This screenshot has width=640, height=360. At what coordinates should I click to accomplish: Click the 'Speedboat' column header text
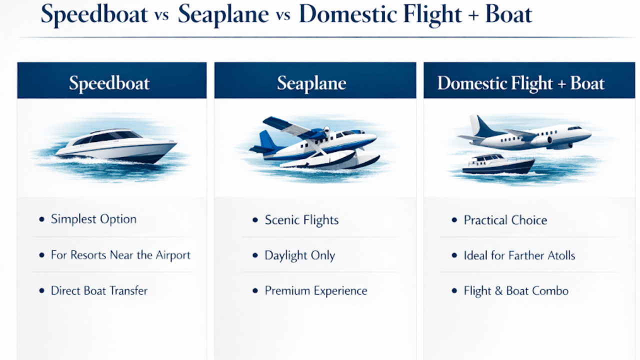(x=109, y=83)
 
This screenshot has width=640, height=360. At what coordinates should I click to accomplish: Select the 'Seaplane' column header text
(x=311, y=83)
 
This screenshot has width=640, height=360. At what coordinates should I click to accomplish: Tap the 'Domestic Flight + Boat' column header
(x=521, y=83)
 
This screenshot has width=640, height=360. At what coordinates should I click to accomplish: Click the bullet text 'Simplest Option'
(x=93, y=219)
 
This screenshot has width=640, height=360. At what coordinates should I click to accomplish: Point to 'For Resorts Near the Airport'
(x=120, y=255)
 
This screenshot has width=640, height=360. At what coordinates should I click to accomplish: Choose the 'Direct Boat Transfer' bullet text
(x=99, y=290)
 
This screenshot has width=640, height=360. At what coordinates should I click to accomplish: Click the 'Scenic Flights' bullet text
(x=301, y=220)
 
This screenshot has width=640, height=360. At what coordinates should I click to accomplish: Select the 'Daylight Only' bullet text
(x=299, y=255)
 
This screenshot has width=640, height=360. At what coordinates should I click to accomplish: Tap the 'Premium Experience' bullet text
(x=316, y=291)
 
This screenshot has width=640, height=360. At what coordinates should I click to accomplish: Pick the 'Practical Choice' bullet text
(x=505, y=220)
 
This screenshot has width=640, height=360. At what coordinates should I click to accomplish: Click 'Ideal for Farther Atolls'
(x=519, y=255)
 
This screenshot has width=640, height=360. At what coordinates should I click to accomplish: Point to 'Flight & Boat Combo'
(x=516, y=291)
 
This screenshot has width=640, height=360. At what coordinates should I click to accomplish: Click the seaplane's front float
(x=331, y=160)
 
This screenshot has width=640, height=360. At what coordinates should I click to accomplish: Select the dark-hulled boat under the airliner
(x=498, y=164)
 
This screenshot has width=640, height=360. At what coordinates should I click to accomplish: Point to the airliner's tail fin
(x=483, y=125)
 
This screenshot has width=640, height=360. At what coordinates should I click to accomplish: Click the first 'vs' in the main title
(x=161, y=15)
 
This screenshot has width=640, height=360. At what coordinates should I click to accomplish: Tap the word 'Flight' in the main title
(x=432, y=14)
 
